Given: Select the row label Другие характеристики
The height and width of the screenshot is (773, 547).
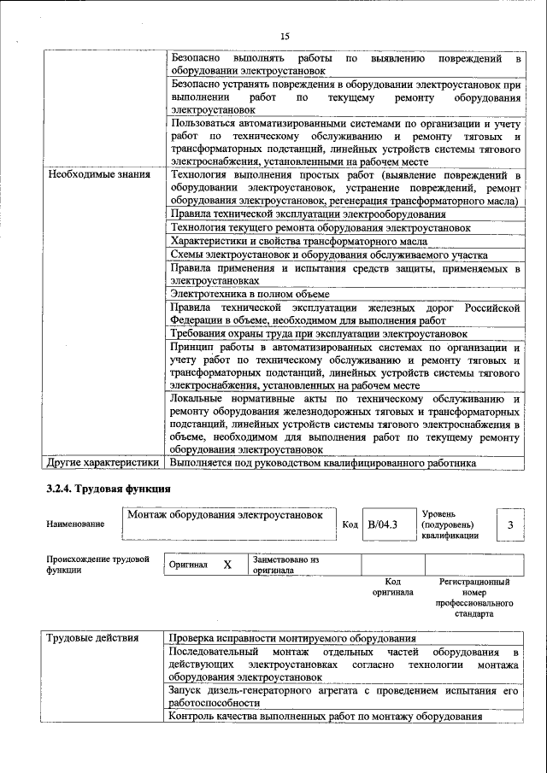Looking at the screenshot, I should tap(103, 464).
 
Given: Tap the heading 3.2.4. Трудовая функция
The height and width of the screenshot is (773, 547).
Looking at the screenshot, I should tap(109, 490).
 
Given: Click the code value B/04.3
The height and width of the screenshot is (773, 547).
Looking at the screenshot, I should tap(383, 524).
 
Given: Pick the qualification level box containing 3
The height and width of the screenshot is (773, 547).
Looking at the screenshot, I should tap(510, 524).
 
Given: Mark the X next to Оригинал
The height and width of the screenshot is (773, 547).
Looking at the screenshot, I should tap(227, 565).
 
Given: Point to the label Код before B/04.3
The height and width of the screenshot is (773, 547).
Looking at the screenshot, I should tap(349, 524).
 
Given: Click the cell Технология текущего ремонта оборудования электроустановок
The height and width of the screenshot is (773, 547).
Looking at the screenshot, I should tap(321, 227).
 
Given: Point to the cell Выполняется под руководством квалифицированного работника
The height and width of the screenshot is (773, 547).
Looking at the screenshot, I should tap(323, 464).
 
